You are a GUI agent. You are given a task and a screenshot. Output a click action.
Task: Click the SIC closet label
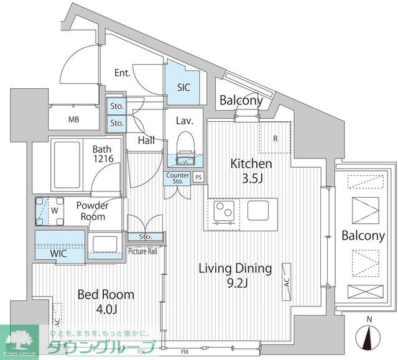pyautogui.click(x=183, y=88)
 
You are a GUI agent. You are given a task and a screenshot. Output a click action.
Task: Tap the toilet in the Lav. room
pyautogui.click(x=186, y=148)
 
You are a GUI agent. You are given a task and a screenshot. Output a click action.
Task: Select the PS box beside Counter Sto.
pyautogui.click(x=198, y=177)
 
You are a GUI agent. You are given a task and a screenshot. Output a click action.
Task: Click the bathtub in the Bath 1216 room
pyautogui.click(x=67, y=165)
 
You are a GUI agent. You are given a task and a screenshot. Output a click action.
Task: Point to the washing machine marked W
pyautogui.click(x=50, y=211)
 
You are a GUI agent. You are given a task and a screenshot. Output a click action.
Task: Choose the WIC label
pyautogui.click(x=58, y=254)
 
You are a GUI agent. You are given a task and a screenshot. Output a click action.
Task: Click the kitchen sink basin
pyautogui.click(x=258, y=210)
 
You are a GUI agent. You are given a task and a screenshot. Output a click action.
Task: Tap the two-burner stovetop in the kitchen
pyautogui.click(x=224, y=211)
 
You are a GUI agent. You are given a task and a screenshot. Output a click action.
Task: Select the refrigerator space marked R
pyautogui.click(x=275, y=137)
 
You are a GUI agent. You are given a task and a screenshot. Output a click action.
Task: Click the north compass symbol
pyautogui.click(x=368, y=336)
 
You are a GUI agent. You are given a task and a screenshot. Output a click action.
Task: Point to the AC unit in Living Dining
pyautogui.click(x=287, y=282)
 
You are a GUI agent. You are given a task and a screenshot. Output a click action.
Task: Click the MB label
pyautogui.click(x=73, y=119)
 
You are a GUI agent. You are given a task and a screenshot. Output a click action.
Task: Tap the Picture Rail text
pyautogui.click(x=142, y=251)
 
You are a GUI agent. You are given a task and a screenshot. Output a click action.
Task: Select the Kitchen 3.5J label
pyautogui.click(x=251, y=171)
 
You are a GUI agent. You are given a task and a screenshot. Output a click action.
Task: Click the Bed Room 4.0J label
pyautogui.click(x=106, y=302)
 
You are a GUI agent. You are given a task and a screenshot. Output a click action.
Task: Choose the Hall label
pyautogui.click(x=147, y=141)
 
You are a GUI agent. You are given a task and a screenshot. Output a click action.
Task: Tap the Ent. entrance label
pyautogui.click(x=122, y=73)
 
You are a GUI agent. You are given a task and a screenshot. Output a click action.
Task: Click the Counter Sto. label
pyautogui.click(x=178, y=178)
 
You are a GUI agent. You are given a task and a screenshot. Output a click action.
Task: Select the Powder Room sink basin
pyautogui.click(x=105, y=244)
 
